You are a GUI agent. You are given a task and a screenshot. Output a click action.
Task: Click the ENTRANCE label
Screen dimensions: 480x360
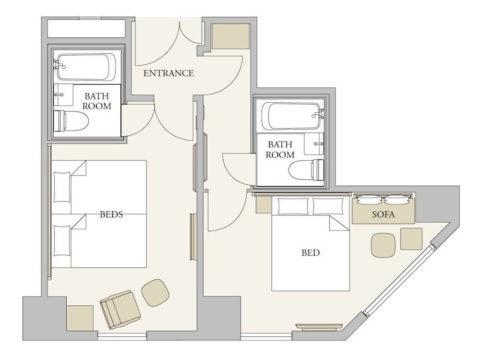(168, 73)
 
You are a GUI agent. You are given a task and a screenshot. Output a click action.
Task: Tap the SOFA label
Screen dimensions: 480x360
(383, 214)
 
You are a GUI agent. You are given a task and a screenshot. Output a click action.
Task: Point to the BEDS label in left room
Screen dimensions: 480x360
(111, 214)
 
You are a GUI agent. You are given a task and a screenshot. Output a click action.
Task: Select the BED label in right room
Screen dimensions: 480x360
(311, 252)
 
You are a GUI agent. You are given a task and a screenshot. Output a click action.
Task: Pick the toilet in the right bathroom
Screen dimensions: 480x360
(306, 170)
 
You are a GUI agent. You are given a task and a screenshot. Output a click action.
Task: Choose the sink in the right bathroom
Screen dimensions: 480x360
(314, 144)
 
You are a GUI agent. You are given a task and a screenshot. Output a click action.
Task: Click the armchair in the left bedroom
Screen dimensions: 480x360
(120, 310)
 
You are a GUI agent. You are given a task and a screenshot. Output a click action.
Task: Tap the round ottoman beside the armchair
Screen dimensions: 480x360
(155, 293)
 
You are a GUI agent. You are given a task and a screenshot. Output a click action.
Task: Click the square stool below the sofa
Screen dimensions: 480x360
(411, 239)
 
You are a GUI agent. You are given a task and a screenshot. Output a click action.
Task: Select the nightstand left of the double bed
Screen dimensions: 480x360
(264, 204)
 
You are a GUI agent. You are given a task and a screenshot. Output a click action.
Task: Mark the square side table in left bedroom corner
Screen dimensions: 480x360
(80, 318)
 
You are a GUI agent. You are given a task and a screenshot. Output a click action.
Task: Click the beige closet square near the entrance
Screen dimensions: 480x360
(231, 36)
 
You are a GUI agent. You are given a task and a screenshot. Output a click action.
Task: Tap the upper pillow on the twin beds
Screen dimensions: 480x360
(62, 187)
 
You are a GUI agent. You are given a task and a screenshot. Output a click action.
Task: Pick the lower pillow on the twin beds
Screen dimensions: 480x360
(62, 241)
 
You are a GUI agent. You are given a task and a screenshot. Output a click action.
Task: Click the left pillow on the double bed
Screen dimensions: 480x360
(293, 206)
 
